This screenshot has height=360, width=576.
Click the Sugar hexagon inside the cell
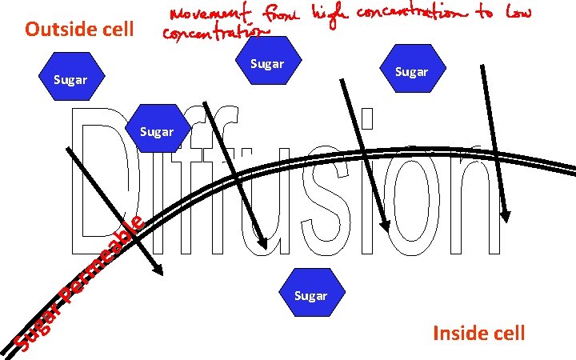pos(310,295)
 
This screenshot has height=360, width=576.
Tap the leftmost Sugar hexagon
pos(70,79)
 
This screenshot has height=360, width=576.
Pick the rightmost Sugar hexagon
pos(411,71)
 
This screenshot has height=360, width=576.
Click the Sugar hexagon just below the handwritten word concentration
pos(267,63)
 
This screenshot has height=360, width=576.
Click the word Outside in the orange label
pos(58,30)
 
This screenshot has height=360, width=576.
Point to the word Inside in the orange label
pos(458,333)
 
